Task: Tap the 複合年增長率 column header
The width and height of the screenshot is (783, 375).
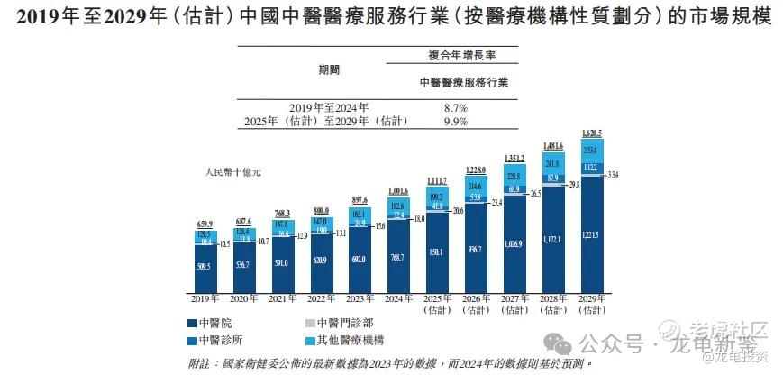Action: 463,56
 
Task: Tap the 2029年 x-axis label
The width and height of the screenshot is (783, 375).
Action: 591,297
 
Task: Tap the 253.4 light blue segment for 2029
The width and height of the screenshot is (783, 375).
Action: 591,151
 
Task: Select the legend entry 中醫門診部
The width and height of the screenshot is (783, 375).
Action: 337,322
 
